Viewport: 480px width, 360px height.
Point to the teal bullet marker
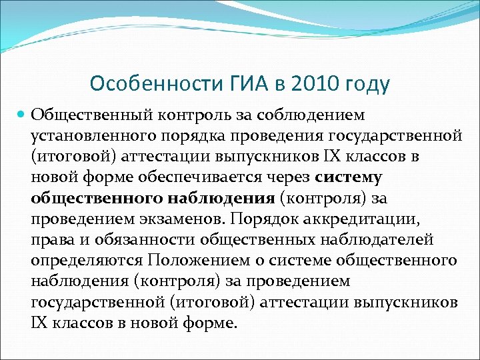point(21,115)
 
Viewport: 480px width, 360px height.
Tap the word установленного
point(91,136)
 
